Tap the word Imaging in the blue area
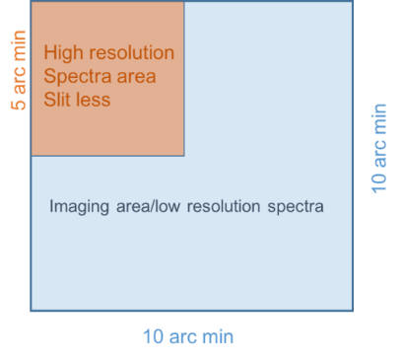click(x=77, y=208)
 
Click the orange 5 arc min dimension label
click(x=19, y=74)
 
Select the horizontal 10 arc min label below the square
click(x=187, y=337)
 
